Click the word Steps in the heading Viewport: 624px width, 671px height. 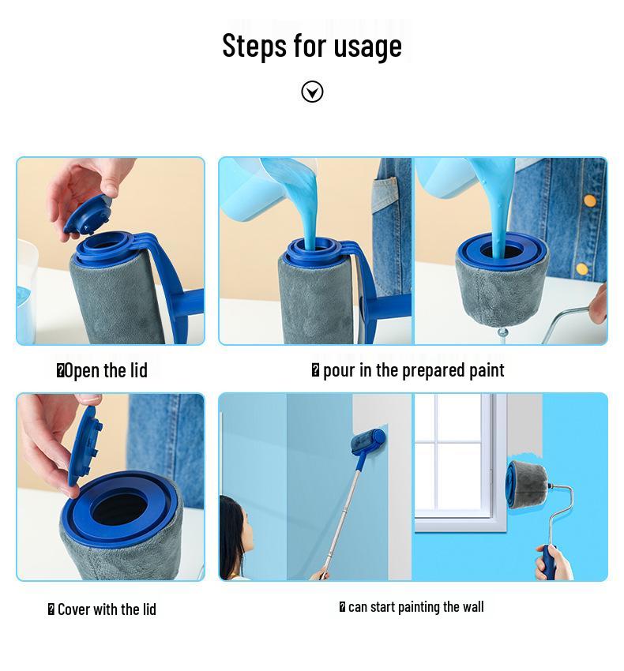pos(254,46)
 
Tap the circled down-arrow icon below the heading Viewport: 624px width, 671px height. pos(312,92)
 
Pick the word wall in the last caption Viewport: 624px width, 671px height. pos(473,606)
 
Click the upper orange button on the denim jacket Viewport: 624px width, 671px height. pos(589,201)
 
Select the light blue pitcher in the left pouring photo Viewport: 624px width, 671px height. pos(253,193)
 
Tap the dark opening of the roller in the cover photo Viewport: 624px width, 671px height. pos(118,509)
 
